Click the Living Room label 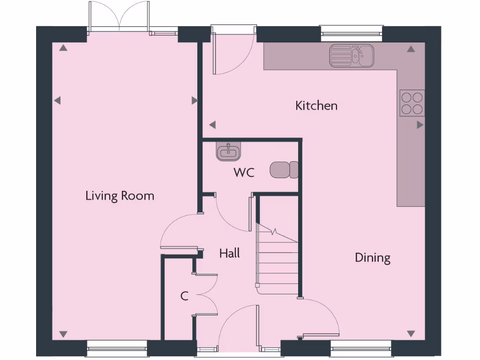tap(120, 195)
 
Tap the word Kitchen tap(316, 105)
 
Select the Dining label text tap(373, 257)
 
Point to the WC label tap(244, 172)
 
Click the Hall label tap(230, 254)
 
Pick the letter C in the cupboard tap(185, 296)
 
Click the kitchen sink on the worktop tap(351, 55)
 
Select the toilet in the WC tap(284, 170)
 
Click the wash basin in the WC tap(229, 152)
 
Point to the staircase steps tap(277, 262)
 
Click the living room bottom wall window tap(117, 348)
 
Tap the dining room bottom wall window tap(360, 348)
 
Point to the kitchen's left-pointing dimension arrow tap(212, 125)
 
